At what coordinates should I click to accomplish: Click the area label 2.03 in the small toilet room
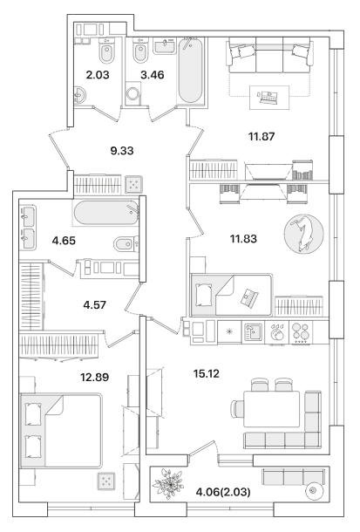point(98,75)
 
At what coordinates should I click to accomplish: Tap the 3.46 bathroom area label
point(153,75)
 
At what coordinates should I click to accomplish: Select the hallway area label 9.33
point(122,151)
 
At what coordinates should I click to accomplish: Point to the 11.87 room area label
point(262,137)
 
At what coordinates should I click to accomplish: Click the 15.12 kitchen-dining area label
point(207,374)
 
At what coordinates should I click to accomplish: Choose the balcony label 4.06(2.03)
point(223,492)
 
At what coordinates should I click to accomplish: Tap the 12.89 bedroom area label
point(94,377)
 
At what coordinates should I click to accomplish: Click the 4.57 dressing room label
point(94,304)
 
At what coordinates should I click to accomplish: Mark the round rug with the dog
point(303,234)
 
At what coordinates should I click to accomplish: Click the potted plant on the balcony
point(168,483)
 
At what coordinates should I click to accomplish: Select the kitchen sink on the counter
point(252,332)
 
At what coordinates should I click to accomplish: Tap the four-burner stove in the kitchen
point(301,332)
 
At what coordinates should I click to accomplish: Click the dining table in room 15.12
point(272,409)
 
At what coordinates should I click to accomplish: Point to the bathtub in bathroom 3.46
point(190,71)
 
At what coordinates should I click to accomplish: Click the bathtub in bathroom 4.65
point(106,213)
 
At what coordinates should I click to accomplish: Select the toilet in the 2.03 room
point(106,51)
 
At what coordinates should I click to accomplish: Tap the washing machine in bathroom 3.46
point(132,93)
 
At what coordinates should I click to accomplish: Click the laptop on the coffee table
point(268,98)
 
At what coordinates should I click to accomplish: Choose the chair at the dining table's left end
point(237,409)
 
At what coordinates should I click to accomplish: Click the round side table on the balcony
point(313,490)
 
